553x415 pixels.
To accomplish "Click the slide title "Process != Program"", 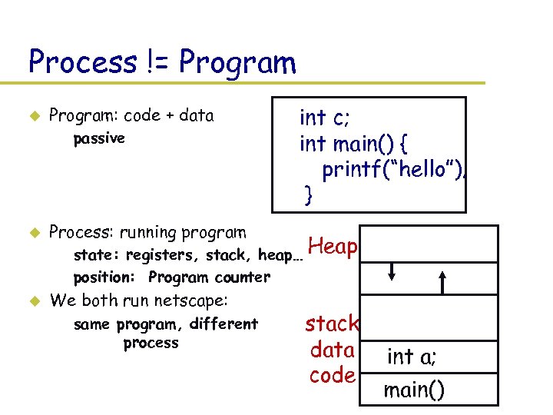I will click(x=161, y=61).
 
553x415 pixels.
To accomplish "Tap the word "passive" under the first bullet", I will click(x=98, y=139).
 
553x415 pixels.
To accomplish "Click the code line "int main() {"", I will click(x=355, y=143).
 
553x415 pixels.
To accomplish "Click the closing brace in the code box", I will click(x=309, y=195).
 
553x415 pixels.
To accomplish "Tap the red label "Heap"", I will click(x=333, y=246).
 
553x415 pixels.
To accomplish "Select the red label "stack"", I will click(x=332, y=323).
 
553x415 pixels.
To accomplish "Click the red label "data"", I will click(x=332, y=350).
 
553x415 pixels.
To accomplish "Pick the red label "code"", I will click(x=332, y=376).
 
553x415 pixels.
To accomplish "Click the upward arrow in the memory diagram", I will click(x=444, y=281).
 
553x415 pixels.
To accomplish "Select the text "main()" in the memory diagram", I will click(x=413, y=390).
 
